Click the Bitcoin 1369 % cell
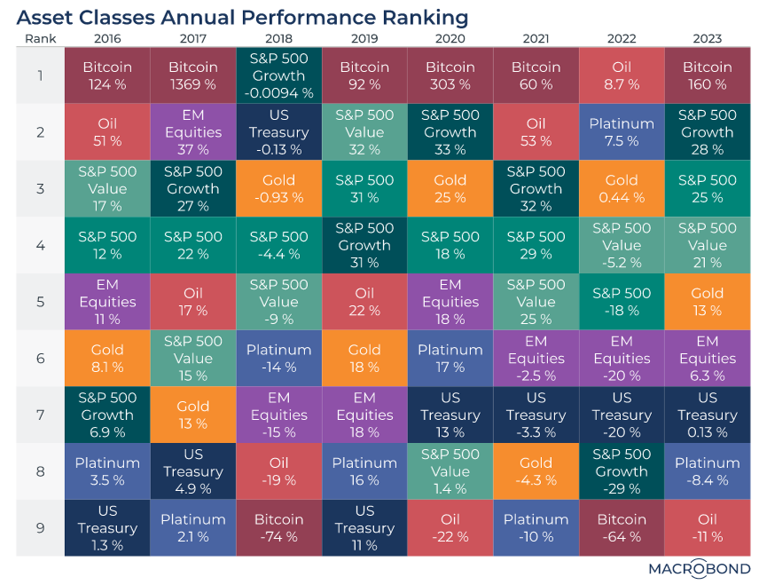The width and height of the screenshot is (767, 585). pos(193,75)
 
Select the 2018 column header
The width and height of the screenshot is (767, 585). pos(278,39)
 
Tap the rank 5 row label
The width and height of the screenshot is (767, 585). pos(41,302)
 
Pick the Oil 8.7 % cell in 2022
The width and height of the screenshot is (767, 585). pos(622,75)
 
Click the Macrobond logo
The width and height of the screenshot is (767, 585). pos(700,569)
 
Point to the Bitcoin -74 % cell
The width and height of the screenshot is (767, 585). pos(278,527)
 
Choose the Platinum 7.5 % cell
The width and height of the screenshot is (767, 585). pos(622,132)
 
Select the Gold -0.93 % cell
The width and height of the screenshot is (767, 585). pos(278,188)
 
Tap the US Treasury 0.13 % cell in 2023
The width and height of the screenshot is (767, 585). pos(708,415)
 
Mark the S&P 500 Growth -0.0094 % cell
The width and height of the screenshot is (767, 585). pos(278,75)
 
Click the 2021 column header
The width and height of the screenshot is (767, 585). pos(536,39)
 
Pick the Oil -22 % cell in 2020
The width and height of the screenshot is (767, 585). pos(450,527)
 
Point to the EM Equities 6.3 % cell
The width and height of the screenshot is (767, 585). pos(708,359)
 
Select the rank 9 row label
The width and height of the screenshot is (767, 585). pos(41,527)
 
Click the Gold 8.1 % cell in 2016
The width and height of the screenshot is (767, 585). pos(107,359)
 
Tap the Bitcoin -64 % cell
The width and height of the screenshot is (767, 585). pos(622,527)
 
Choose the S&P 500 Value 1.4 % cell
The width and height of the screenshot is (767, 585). pos(450,471)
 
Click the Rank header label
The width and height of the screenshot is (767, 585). pos(41,39)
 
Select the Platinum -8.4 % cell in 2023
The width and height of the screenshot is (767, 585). pos(708,471)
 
